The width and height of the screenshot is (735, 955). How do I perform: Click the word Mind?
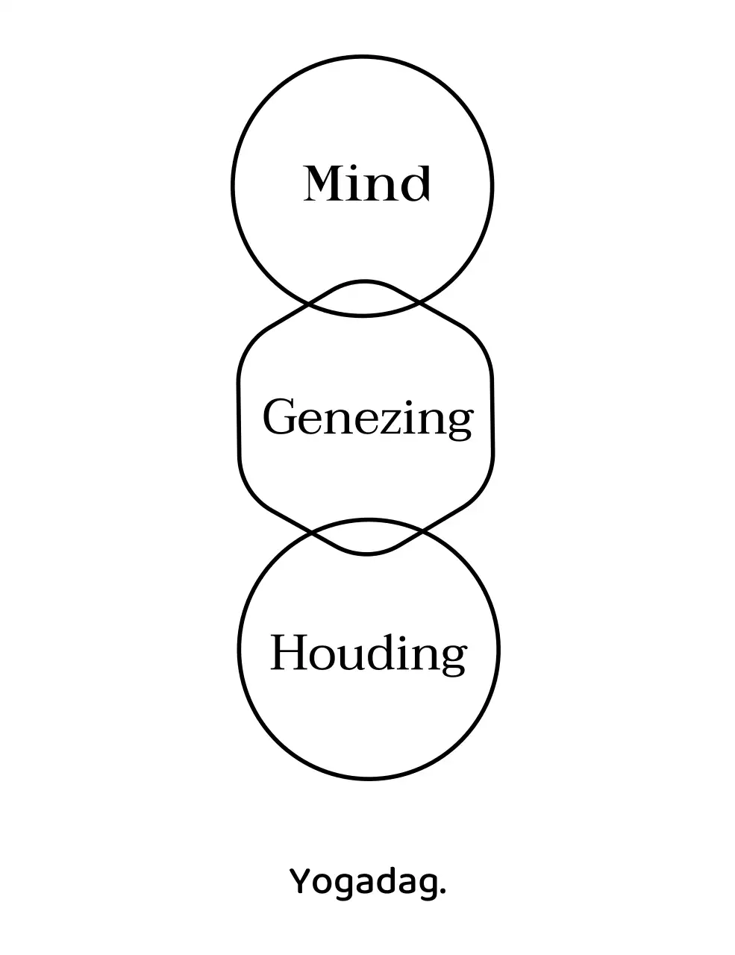pos(366,184)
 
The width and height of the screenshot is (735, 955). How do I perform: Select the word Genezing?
pos(367,418)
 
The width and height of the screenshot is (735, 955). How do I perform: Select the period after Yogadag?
pos(443,892)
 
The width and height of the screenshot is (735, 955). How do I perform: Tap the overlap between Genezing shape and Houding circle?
pos(366,536)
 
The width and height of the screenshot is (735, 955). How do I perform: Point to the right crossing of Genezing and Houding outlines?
pos(422,532)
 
